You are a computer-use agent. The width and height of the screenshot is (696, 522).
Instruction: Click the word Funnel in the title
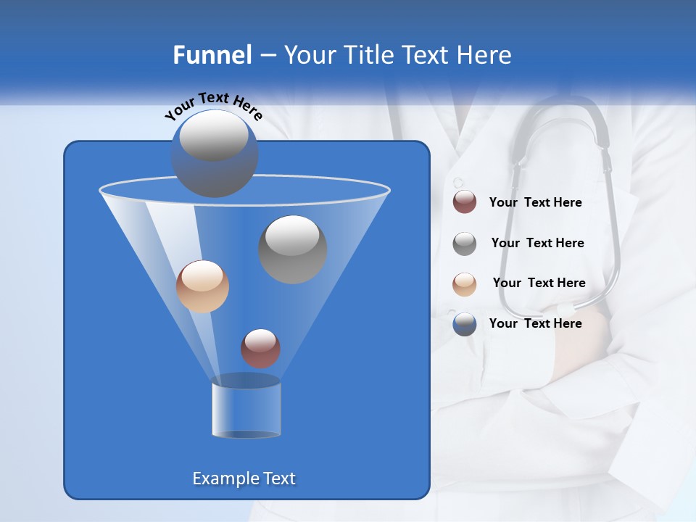(x=212, y=55)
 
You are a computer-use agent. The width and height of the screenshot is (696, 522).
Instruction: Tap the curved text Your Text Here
(x=213, y=106)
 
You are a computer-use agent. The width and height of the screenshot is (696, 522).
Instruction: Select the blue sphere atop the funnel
(x=215, y=154)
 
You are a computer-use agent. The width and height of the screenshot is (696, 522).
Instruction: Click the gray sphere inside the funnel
(x=293, y=249)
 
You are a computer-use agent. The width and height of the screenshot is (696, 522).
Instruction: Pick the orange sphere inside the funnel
(x=202, y=286)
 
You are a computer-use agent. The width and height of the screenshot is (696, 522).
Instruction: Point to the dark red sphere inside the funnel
(x=260, y=348)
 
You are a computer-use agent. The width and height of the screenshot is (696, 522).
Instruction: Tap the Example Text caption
(x=244, y=478)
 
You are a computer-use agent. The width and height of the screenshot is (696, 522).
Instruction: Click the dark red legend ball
(x=465, y=202)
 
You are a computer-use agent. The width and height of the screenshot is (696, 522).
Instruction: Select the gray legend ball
(x=465, y=243)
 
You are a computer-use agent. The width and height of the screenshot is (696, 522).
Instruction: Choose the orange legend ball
(x=465, y=283)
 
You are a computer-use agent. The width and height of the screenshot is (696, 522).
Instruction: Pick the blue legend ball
(x=465, y=323)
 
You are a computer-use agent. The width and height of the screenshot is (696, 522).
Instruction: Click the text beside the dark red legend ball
(x=535, y=202)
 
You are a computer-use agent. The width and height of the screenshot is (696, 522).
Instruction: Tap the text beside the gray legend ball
(x=537, y=243)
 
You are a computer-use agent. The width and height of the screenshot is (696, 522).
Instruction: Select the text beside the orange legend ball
(x=539, y=283)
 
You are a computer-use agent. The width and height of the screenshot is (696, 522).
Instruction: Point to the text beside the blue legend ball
(x=535, y=323)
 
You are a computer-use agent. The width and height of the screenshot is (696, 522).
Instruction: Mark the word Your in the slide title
(x=308, y=55)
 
